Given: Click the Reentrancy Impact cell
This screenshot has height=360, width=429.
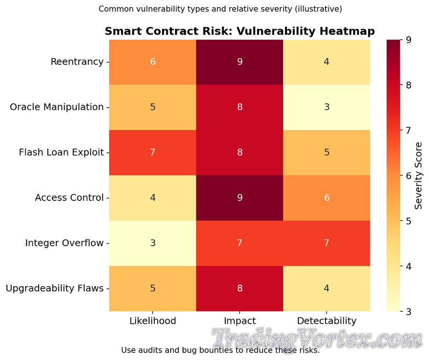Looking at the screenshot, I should pos(240,62).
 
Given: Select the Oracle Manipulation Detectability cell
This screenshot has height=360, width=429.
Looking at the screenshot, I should pos(327,107).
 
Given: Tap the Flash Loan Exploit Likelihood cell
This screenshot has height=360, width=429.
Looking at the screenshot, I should pos(153,152).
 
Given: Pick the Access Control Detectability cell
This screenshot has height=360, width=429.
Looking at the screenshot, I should pos(327,198).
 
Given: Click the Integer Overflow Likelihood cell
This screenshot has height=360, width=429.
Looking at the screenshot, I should pos(153,243).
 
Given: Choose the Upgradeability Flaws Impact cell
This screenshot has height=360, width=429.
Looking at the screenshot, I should pos(240,288).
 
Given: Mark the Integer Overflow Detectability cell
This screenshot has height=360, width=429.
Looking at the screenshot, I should pos(327,243).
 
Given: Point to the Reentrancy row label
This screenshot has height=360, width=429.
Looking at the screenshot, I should pos(77,62).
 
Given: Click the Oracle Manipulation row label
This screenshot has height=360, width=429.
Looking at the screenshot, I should pos(57,107).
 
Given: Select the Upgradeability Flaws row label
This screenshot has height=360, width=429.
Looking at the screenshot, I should pos(54,288).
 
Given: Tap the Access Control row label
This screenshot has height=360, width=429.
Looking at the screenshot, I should pos(69,198).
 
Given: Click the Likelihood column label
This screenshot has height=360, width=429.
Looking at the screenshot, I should pos(153,321).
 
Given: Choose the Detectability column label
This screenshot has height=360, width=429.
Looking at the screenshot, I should pos(327,321).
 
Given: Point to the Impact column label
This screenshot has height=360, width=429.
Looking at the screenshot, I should pos(240,321).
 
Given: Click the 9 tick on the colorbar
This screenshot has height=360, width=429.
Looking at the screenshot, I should pos(409,40).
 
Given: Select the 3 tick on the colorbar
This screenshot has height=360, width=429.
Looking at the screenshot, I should pos(409,311).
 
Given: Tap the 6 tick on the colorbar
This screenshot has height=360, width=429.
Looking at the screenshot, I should pos(409,176).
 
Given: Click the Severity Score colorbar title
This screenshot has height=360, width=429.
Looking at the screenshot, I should pos(419,176).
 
